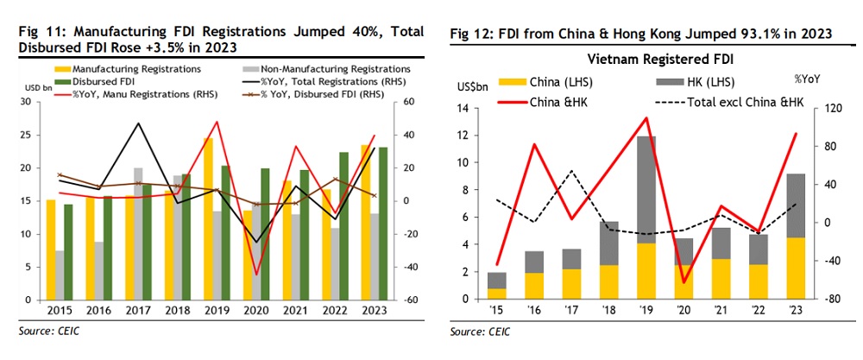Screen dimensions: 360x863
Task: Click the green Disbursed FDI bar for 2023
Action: (382, 224)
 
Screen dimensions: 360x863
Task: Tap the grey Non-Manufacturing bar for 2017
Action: (138, 233)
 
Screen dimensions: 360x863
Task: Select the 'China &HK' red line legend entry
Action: (539, 102)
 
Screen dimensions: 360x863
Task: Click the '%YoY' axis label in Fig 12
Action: (806, 78)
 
